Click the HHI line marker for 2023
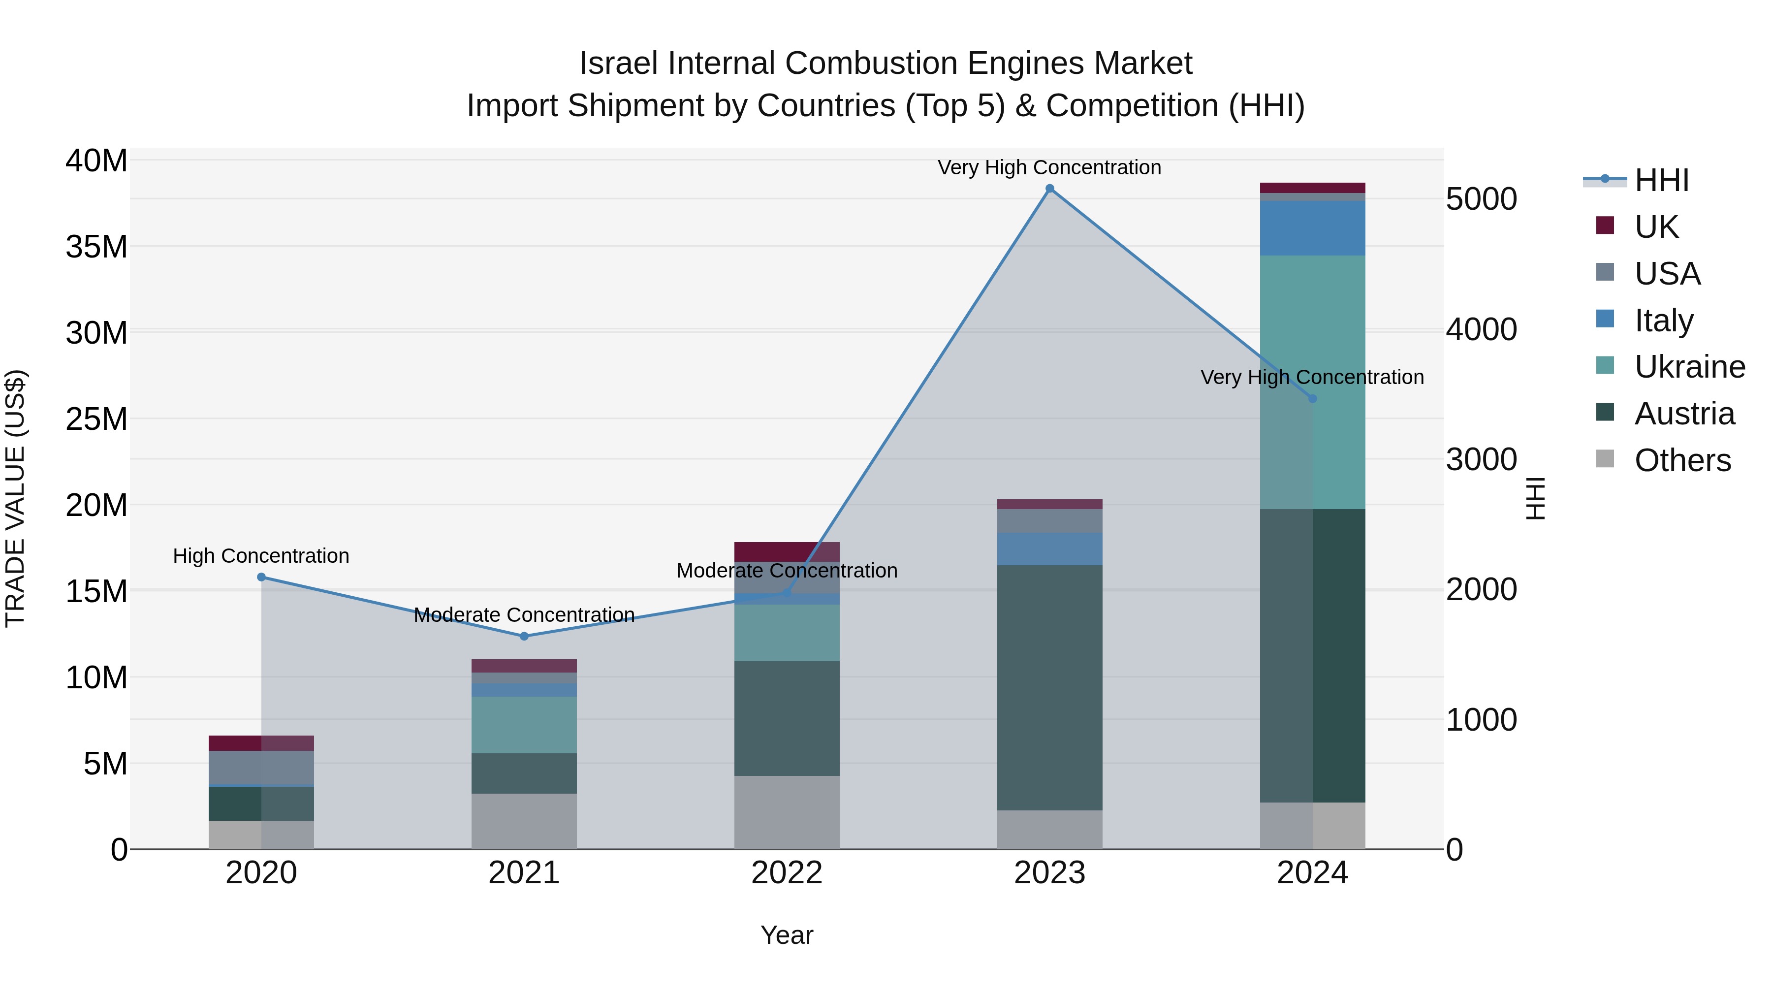[1050, 189]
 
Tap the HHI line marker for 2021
[524, 637]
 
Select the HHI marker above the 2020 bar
[261, 578]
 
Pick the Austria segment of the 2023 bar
[1050, 688]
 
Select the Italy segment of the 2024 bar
[1312, 228]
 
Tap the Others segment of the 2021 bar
[524, 822]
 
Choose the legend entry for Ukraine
[1689, 367]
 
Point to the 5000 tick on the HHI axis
[1481, 199]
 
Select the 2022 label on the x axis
[787, 873]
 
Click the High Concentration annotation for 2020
[261, 556]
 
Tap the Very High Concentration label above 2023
[1050, 168]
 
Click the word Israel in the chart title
[619, 64]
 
